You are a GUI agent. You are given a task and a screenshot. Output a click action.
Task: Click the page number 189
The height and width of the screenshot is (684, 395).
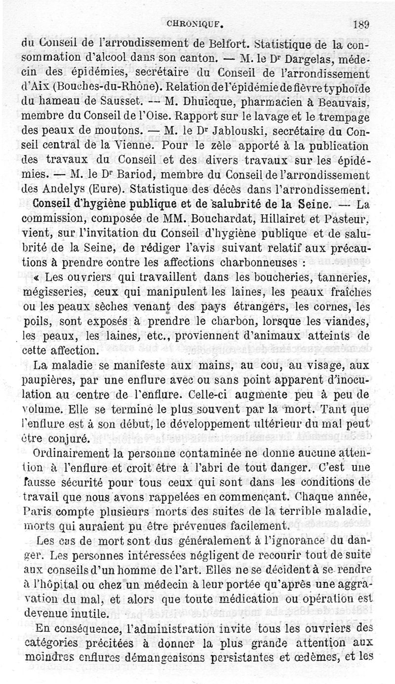click(362, 24)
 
